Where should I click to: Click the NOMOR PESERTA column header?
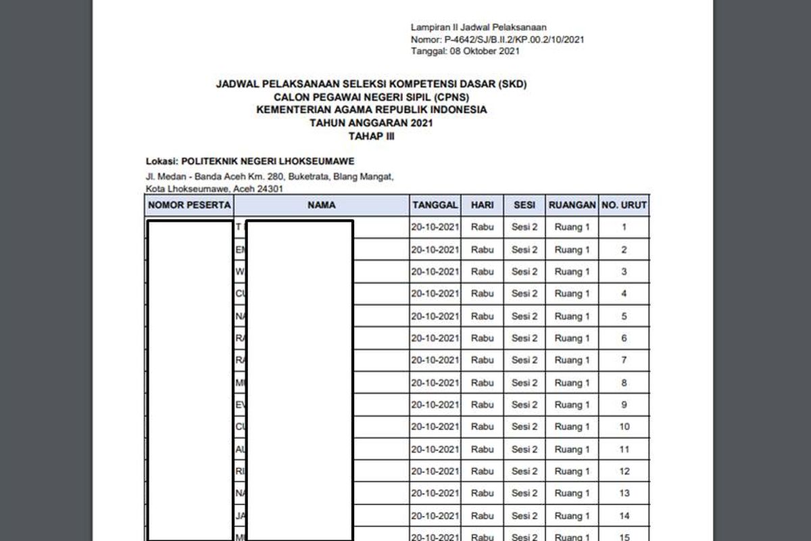pos(189,205)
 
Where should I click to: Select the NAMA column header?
pos(321,205)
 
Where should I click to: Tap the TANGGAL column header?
pos(435,205)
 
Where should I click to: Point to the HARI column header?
pos(483,205)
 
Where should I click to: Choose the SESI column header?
pos(524,205)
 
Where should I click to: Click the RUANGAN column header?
pos(572,205)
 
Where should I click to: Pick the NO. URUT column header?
pos(624,205)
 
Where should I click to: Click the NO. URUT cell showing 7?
pos(624,360)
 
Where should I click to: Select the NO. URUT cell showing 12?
pos(624,471)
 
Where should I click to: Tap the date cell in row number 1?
pos(435,227)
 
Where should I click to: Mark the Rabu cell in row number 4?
pos(483,293)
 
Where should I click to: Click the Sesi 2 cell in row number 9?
pos(524,405)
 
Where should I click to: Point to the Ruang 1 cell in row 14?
pos(572,516)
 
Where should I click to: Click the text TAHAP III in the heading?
pos(370,136)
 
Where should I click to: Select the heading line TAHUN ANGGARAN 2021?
pos(370,123)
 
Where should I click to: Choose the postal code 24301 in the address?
pos(270,189)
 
